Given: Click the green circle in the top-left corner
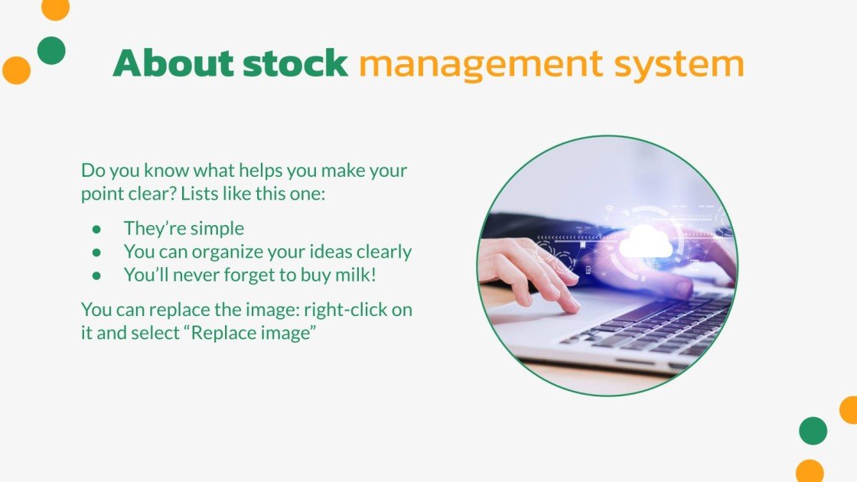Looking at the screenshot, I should pyautogui.click(x=51, y=50).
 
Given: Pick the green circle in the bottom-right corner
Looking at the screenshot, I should pyautogui.click(x=813, y=431).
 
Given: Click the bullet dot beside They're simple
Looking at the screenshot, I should pyautogui.click(x=96, y=229).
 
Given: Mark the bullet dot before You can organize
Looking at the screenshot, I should pyautogui.click(x=96, y=252).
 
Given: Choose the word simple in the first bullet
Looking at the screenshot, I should pyautogui.click(x=217, y=229).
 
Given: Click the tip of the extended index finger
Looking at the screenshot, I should pyautogui.click(x=572, y=308).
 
